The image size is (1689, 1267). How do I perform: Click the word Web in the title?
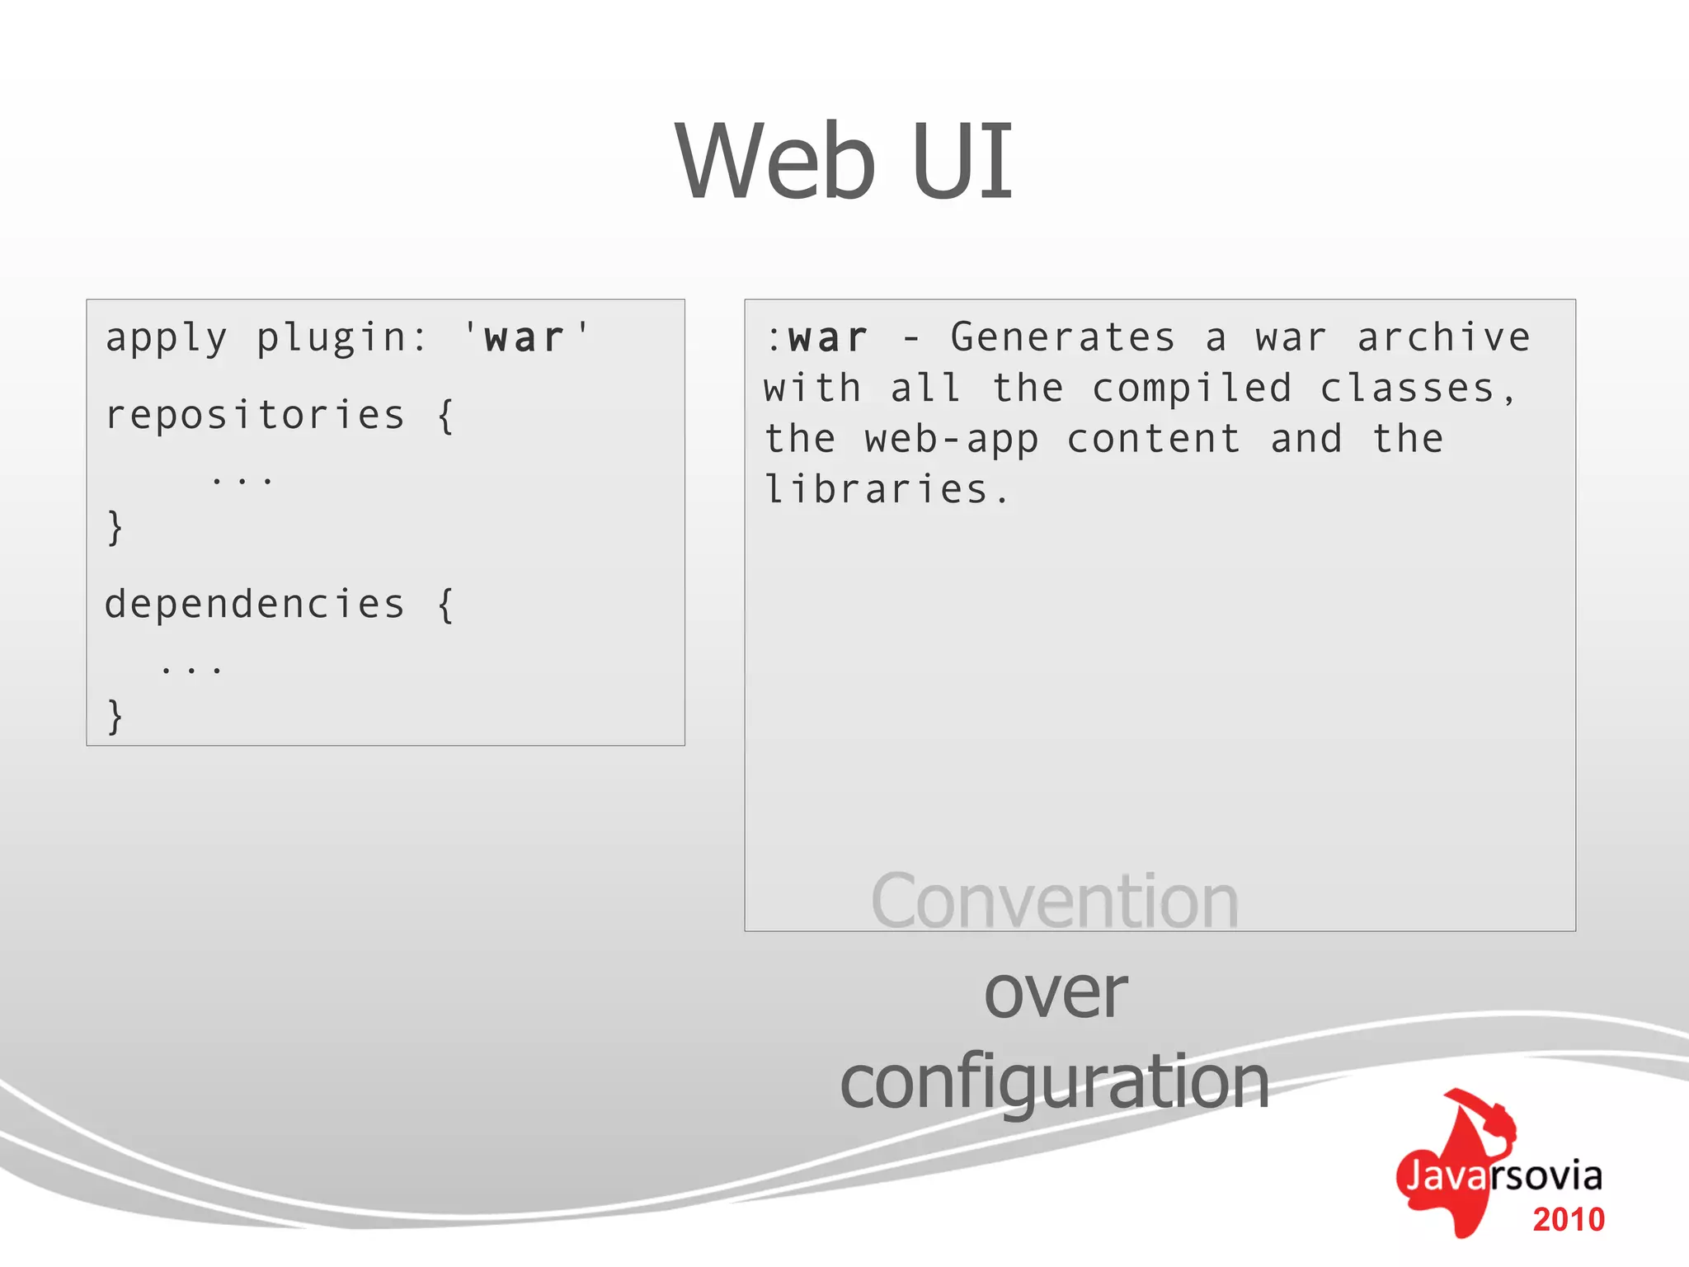pos(774,161)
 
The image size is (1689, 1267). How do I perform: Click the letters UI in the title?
pos(962,161)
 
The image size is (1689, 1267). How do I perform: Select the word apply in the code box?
pos(166,339)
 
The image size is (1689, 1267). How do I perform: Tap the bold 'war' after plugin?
pos(525,338)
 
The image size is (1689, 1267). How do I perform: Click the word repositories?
pos(255,415)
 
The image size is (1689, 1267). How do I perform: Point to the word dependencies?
pos(255,604)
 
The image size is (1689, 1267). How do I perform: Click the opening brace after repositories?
pos(445,416)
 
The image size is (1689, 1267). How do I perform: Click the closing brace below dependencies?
pos(115,716)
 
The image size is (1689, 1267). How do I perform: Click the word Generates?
pos(1062,337)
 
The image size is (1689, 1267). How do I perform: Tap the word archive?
pos(1443,337)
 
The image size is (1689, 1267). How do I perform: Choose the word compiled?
pos(1192,389)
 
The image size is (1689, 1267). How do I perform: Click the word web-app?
pos(951,440)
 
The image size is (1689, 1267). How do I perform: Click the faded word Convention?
pos(1054,902)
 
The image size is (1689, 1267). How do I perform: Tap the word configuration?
pos(1054,1081)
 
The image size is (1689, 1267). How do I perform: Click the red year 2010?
pos(1568,1219)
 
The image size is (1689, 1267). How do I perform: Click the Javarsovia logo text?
pos(1503,1175)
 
